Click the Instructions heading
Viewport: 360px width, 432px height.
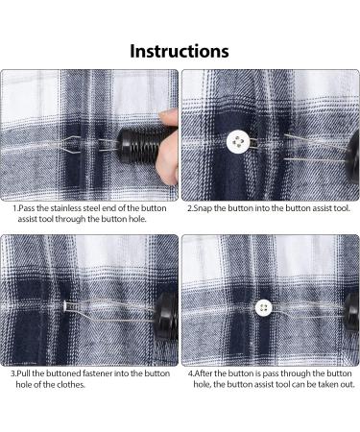point(180,51)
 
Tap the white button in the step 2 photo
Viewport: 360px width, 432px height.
point(238,141)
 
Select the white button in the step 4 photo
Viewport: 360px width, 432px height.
point(264,307)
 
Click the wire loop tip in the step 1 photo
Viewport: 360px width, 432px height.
point(51,145)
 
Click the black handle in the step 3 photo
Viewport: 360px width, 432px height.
point(166,316)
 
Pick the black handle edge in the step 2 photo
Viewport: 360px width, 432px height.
point(353,152)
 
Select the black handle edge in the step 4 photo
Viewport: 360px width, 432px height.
point(351,312)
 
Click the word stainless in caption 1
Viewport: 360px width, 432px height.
point(66,208)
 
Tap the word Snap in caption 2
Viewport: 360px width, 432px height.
point(203,208)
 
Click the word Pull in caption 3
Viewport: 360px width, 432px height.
point(24,373)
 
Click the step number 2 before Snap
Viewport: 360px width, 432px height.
point(190,208)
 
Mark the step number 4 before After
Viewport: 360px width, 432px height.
point(191,373)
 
